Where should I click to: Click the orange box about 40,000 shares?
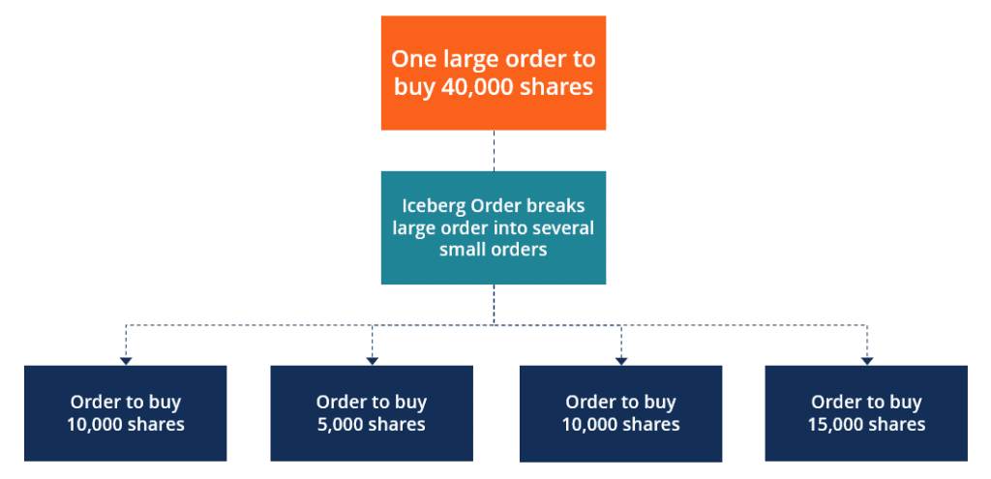[493, 73]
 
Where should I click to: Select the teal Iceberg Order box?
[493, 227]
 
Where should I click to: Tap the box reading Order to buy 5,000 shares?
[372, 413]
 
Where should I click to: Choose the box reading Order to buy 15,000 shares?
[866, 413]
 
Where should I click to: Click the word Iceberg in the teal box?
[426, 207]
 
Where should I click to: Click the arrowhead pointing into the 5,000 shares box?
[372, 361]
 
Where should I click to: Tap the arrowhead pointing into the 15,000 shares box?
[866, 361]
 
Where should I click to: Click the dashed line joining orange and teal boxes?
[494, 150]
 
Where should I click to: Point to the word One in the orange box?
[410, 59]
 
